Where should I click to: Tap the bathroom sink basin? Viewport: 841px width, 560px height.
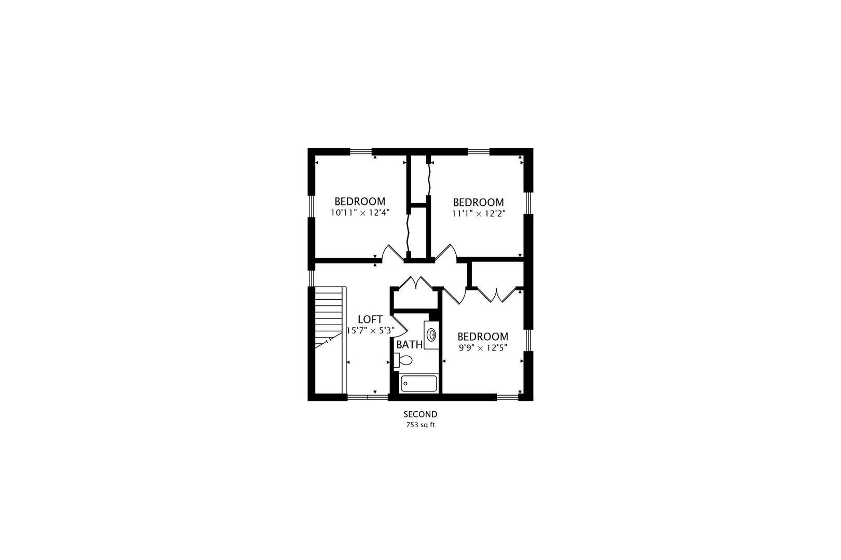(431, 334)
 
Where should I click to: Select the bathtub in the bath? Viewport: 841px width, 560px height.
(419, 384)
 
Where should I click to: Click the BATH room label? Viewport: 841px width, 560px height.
(409, 344)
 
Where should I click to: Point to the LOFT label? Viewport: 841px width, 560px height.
(370, 319)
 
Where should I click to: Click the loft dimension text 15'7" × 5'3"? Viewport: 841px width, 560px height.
(370, 330)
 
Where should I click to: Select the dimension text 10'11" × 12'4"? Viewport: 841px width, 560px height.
(360, 212)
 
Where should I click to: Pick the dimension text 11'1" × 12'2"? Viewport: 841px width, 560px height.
(478, 213)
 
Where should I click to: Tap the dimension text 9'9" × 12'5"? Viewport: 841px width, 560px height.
(482, 347)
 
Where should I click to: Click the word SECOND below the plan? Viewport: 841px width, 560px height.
(420, 414)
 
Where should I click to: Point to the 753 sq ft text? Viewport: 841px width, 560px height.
(420, 425)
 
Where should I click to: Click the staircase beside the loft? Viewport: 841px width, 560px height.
(329, 321)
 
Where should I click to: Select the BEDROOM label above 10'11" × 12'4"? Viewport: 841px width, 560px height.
(360, 201)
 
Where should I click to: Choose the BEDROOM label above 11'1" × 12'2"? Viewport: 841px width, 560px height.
(478, 202)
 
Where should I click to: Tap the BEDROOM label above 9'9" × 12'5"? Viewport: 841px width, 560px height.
(482, 337)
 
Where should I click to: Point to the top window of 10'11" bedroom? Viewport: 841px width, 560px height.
(361, 152)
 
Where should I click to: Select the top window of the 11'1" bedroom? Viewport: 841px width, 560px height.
(479, 152)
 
